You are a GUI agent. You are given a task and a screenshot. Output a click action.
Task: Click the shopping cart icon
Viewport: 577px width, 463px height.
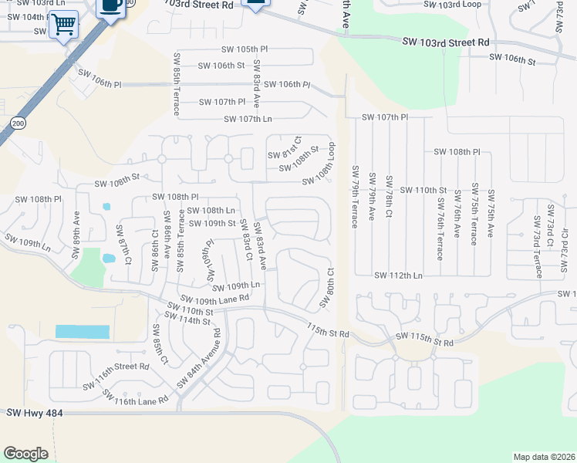pos(63,25)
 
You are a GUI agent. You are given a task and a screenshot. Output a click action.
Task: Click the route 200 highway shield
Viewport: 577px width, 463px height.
pos(18,123)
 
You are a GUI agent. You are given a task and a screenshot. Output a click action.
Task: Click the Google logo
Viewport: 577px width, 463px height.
pos(26,454)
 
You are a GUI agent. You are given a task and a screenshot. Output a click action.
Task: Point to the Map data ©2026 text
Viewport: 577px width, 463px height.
pos(544,457)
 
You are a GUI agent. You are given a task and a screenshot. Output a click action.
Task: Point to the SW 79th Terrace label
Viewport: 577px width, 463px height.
pos(356,197)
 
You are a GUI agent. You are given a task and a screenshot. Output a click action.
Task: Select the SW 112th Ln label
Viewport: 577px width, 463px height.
pos(398,275)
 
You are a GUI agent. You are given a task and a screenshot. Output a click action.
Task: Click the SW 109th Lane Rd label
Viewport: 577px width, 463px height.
pos(214,298)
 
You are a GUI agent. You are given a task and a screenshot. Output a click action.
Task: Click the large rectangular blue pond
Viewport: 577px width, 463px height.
pos(82,332)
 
